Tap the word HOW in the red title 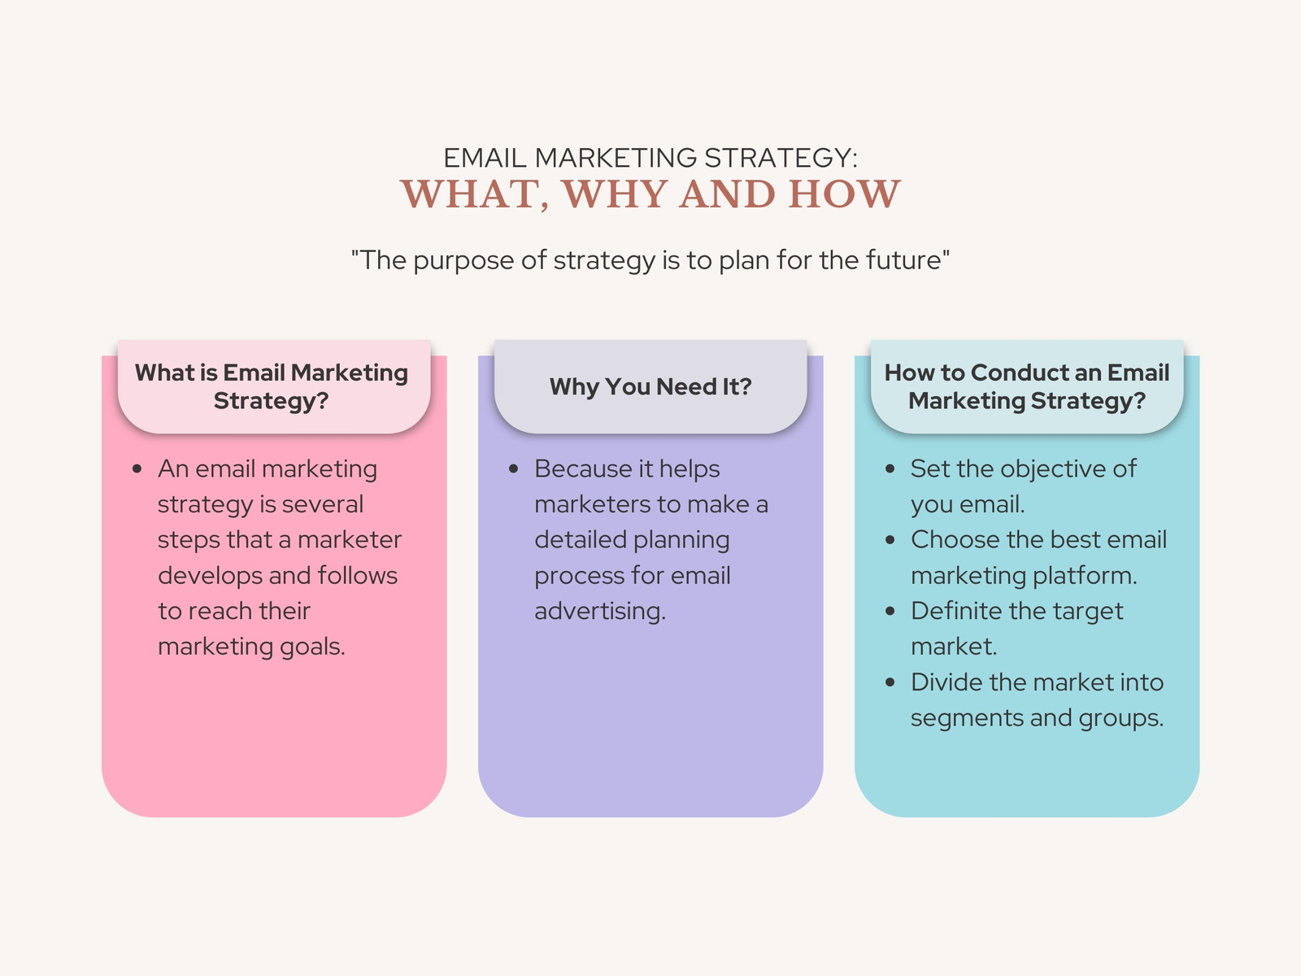coord(845,194)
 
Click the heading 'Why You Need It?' coord(650,386)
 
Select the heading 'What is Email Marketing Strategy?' coord(272,386)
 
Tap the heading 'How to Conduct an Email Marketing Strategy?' coord(1027,386)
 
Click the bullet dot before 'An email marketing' coord(137,469)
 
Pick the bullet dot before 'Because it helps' coord(514,469)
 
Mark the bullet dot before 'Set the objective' coord(890,469)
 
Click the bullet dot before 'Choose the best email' coord(890,540)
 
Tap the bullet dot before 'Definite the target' coord(890,612)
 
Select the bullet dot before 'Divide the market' coord(890,682)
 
